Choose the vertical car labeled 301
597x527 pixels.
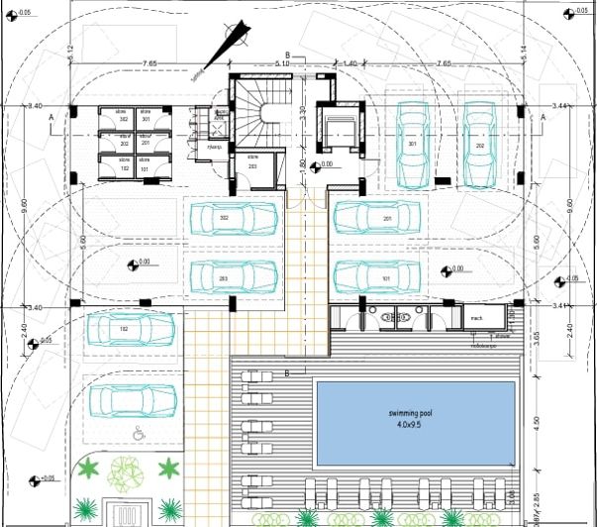pyautogui.click(x=413, y=144)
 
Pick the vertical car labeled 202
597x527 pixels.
pyautogui.click(x=479, y=144)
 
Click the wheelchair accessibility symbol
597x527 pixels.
pyautogui.click(x=139, y=433)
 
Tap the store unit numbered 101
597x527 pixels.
pyautogui.click(x=146, y=166)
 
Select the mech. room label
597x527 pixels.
pyautogui.click(x=476, y=317)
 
